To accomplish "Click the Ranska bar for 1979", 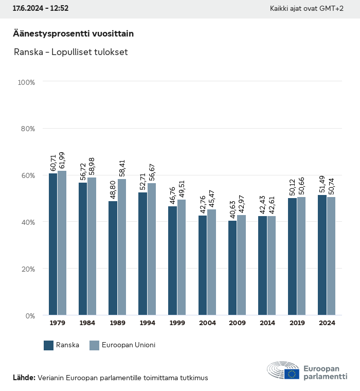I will coord(53,244).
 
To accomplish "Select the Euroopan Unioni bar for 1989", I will coord(122,247).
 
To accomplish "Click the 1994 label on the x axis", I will coord(147,323).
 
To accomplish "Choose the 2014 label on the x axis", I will coord(267,323).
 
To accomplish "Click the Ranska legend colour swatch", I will coord(49,345).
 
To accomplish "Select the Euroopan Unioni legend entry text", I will coord(129,345).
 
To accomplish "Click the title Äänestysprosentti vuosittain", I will coord(74,33).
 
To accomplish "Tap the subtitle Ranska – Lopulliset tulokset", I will coord(70,52).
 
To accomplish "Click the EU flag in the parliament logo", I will coord(292,374).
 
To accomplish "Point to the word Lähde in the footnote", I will coord(24,378).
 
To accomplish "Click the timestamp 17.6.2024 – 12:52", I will coord(41,9).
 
